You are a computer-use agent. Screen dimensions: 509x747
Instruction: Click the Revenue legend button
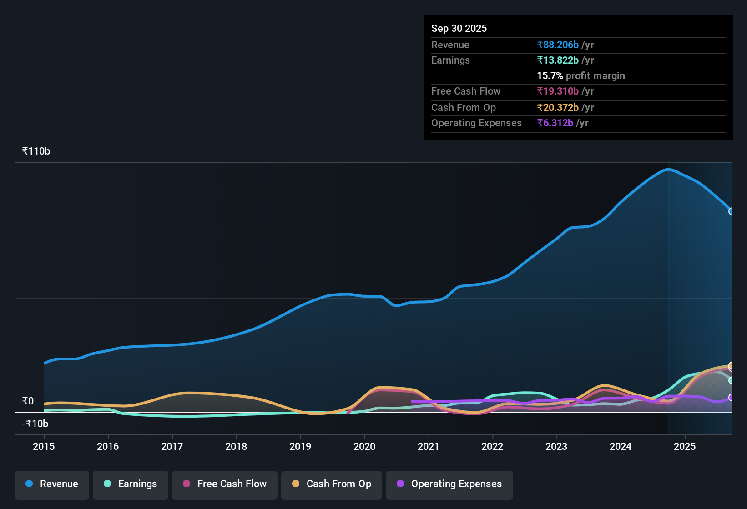(x=52, y=484)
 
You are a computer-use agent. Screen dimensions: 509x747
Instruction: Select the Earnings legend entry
(x=131, y=484)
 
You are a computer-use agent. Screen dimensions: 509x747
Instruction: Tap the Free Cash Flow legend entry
(x=225, y=484)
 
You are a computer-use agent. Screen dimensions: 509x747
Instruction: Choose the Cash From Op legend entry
(x=332, y=484)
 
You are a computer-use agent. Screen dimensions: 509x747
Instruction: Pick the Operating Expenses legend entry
(x=449, y=484)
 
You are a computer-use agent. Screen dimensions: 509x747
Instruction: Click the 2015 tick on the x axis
(x=44, y=446)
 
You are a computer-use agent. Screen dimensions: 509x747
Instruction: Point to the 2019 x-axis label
(x=300, y=446)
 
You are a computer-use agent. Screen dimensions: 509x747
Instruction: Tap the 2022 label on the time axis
(x=492, y=446)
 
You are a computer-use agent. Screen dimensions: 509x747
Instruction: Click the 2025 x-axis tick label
(x=685, y=446)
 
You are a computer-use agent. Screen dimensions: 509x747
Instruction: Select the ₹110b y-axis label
(x=36, y=151)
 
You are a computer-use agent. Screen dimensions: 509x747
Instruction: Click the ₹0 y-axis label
(x=28, y=401)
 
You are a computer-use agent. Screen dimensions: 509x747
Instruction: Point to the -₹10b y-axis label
(x=35, y=424)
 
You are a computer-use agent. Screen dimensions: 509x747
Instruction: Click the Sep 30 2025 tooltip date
(x=459, y=28)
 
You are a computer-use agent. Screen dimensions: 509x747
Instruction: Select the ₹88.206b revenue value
(x=558, y=45)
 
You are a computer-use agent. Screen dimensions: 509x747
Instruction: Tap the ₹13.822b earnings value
(x=558, y=60)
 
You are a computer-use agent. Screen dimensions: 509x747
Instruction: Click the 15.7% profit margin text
(x=580, y=75)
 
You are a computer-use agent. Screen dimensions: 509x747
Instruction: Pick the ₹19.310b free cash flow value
(x=558, y=91)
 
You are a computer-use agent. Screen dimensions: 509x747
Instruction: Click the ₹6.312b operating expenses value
(x=555, y=123)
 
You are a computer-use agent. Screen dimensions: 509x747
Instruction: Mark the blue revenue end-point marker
(x=731, y=211)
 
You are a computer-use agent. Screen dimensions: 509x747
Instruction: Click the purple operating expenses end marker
(x=731, y=397)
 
